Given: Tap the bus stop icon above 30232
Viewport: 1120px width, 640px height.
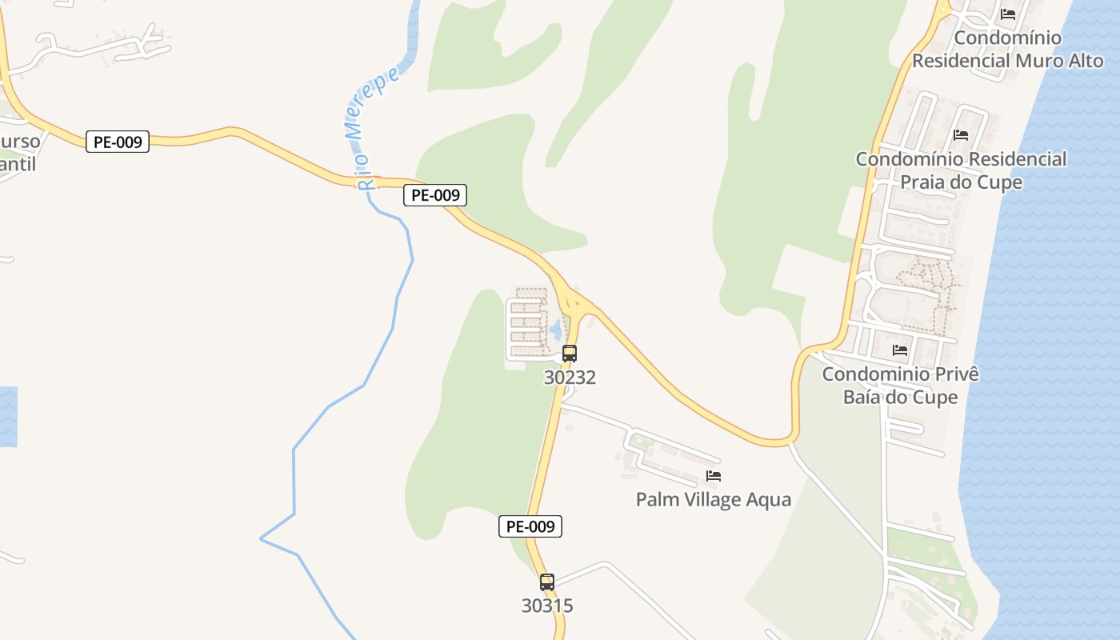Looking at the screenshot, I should [569, 353].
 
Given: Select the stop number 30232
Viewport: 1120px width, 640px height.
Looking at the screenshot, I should [570, 377].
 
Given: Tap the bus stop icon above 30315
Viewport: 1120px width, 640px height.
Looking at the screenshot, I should [547, 582].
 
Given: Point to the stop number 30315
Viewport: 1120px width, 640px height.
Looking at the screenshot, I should [547, 606].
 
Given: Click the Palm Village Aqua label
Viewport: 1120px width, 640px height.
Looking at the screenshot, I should [713, 500].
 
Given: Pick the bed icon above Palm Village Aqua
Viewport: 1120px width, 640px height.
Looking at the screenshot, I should [714, 476].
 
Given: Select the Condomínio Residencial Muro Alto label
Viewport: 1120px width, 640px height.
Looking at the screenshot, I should [1007, 49].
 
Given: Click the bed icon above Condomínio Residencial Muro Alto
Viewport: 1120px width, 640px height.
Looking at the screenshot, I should [1008, 14].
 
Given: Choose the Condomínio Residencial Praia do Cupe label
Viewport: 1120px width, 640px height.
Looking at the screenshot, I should [961, 170].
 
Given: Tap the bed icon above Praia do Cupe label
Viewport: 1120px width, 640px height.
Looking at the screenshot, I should [961, 135].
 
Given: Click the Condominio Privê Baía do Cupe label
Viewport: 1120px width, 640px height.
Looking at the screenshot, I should [900, 385].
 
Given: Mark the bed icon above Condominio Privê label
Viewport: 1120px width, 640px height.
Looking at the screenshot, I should [900, 350].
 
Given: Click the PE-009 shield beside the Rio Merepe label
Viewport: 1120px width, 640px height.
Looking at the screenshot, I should [435, 195].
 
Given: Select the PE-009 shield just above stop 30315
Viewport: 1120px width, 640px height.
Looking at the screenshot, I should [530, 526].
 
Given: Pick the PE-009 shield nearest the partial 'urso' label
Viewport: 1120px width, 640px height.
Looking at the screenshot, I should [118, 142].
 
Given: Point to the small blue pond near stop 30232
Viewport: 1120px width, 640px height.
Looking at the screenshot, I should [555, 328].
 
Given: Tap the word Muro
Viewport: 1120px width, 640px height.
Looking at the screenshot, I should [1039, 61].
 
